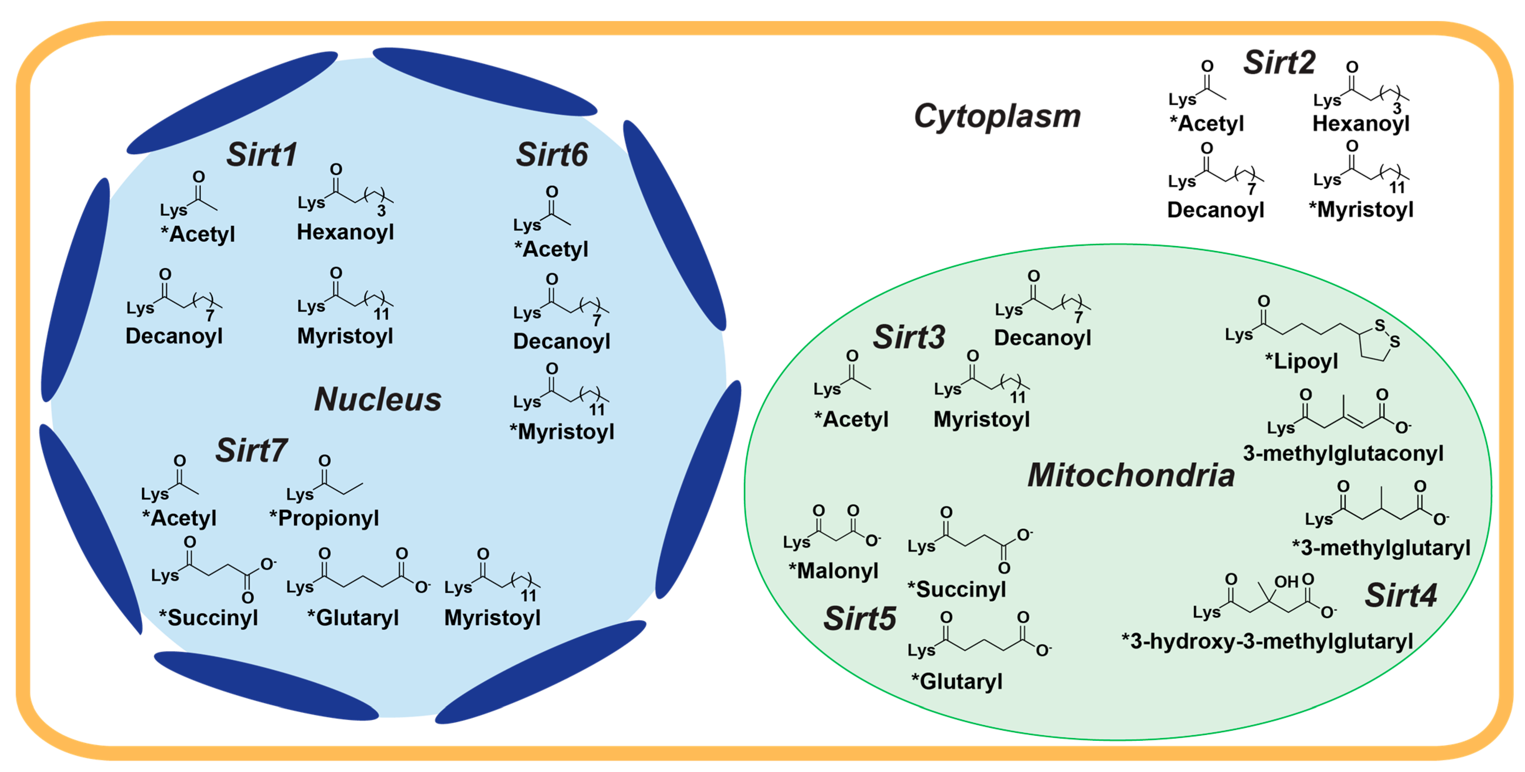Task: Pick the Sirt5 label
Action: [860, 619]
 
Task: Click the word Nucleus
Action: [378, 399]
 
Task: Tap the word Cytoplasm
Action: [997, 116]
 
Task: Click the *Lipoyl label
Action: [1301, 361]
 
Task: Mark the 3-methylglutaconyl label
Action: [1343, 454]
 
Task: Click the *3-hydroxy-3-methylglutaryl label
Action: [1267, 641]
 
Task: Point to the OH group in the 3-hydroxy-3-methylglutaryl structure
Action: [1286, 582]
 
